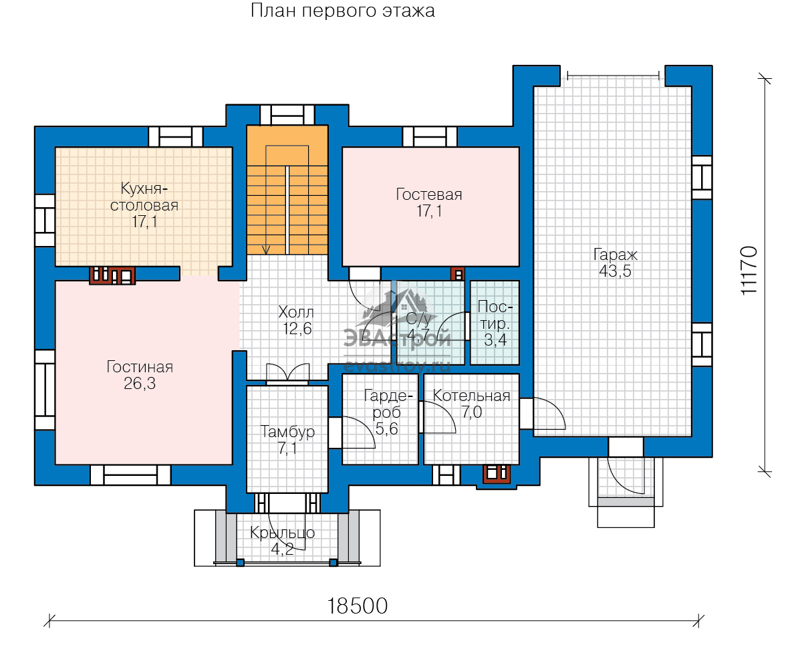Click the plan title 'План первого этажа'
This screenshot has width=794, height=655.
point(342,11)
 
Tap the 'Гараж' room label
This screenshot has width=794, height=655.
point(615,254)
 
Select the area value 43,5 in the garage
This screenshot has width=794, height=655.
point(615,271)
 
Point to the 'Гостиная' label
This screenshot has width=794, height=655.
point(140,367)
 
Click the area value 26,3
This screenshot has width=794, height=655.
point(140,384)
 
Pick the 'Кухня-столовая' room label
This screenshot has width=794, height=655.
point(144,196)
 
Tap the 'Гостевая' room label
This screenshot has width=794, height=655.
point(429,194)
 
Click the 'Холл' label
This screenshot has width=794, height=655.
point(296,312)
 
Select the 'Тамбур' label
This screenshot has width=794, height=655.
point(287,432)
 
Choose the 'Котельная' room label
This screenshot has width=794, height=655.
point(471,396)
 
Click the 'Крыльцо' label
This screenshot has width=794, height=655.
point(282,533)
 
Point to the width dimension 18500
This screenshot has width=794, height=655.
point(358,606)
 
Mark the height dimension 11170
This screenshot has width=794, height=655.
point(749,271)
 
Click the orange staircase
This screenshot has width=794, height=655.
point(287,190)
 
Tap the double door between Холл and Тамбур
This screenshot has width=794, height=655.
point(287,374)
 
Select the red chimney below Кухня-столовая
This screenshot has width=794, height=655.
point(112,275)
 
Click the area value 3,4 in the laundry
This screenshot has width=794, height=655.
point(495,340)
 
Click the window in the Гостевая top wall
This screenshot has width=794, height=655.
point(429,137)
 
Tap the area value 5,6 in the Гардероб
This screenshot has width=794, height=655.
point(386,430)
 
